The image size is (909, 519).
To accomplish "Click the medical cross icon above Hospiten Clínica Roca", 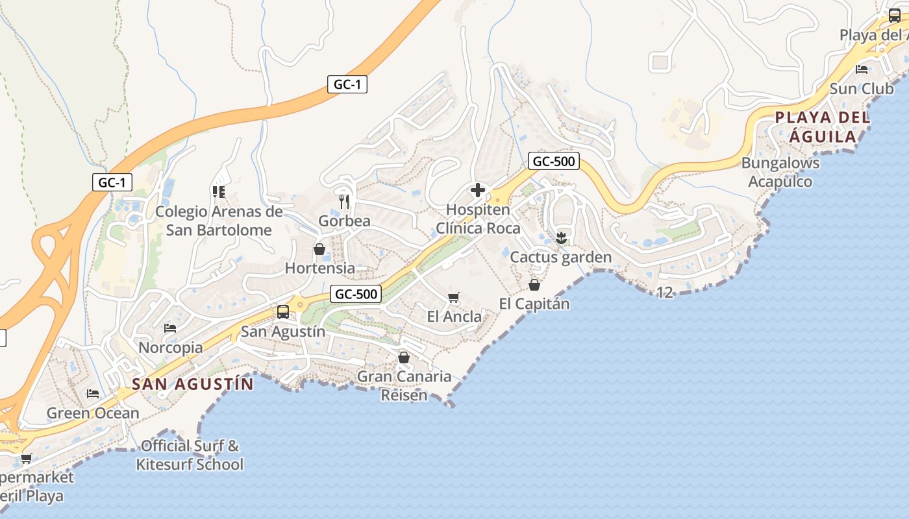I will pyautogui.click(x=478, y=190).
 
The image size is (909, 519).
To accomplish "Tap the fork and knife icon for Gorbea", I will pyautogui.click(x=344, y=202).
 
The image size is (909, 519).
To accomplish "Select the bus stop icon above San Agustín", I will pyautogui.click(x=283, y=312).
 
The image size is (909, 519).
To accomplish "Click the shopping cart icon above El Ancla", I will pyautogui.click(x=454, y=298).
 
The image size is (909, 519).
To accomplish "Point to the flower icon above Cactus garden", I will pyautogui.click(x=561, y=238).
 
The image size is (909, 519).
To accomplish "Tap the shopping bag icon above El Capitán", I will pyautogui.click(x=534, y=285).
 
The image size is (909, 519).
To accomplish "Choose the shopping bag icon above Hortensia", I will pyautogui.click(x=319, y=249).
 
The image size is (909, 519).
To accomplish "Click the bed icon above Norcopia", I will pyautogui.click(x=170, y=328).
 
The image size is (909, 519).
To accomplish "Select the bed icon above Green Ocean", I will pyautogui.click(x=93, y=394).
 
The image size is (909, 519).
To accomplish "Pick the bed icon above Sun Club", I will pyautogui.click(x=862, y=69).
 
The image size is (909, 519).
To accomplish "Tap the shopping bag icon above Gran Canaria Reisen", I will pyautogui.click(x=404, y=357).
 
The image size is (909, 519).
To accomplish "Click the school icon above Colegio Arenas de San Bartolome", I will pyautogui.click(x=218, y=191).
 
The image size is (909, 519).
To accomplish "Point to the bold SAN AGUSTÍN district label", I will pyautogui.click(x=193, y=384).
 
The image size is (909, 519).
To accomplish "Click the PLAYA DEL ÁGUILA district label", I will pyautogui.click(x=823, y=127).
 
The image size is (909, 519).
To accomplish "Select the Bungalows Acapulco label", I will pyautogui.click(x=780, y=172).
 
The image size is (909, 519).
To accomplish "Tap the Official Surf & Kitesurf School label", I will pyautogui.click(x=190, y=455).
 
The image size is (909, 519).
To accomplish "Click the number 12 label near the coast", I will pyautogui.click(x=664, y=293).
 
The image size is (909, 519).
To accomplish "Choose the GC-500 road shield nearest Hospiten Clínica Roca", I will pyautogui.click(x=553, y=161).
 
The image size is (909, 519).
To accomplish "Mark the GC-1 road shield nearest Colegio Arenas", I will pyautogui.click(x=112, y=183).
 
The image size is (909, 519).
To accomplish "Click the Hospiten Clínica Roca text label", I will pyautogui.click(x=478, y=219).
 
